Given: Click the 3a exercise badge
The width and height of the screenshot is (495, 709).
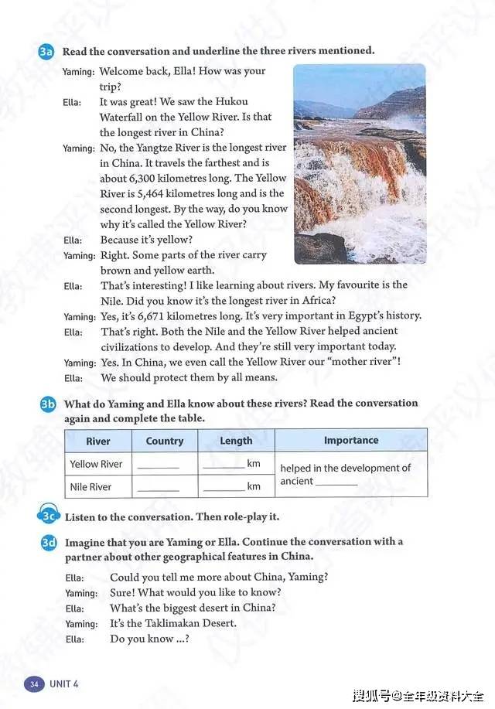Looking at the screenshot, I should pyautogui.click(x=46, y=52).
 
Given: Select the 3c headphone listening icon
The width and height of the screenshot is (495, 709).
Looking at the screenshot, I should pyautogui.click(x=48, y=516).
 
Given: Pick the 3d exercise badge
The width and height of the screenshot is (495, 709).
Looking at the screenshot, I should pyautogui.click(x=48, y=543).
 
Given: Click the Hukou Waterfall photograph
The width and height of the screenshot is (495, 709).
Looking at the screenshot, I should pyautogui.click(x=360, y=163).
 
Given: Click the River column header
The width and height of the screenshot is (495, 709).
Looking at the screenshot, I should pyautogui.click(x=98, y=441).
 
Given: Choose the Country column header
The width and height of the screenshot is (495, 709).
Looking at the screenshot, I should pyautogui.click(x=165, y=441).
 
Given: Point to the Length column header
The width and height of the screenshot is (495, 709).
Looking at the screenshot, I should pyautogui.click(x=236, y=441).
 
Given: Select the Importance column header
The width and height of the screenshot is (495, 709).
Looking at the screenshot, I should pyautogui.click(x=350, y=440).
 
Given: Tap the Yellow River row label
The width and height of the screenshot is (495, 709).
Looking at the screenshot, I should pyautogui.click(x=97, y=464).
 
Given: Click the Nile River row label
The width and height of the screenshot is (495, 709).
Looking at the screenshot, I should pyautogui.click(x=91, y=487).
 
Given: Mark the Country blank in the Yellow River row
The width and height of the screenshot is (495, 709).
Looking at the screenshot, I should pyautogui.click(x=158, y=466).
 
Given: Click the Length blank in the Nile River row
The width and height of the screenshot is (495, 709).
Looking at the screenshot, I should pyautogui.click(x=224, y=489).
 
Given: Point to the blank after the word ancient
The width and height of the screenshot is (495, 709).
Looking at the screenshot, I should pyautogui.click(x=336, y=483).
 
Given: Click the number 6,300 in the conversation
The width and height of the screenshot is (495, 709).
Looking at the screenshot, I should pyautogui.click(x=145, y=178).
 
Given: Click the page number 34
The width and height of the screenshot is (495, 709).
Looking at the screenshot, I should pyautogui.click(x=34, y=684).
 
